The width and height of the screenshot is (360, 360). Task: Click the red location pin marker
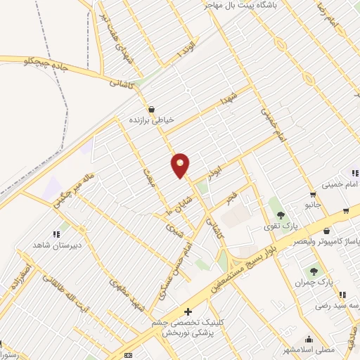pos(181,165)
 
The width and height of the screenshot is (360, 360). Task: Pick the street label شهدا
pos(233,98)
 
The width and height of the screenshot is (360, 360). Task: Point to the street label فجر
pos(231,198)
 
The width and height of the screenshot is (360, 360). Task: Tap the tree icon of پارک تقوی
pos(281,215)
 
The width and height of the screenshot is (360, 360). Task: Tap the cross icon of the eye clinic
pos(187,311)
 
